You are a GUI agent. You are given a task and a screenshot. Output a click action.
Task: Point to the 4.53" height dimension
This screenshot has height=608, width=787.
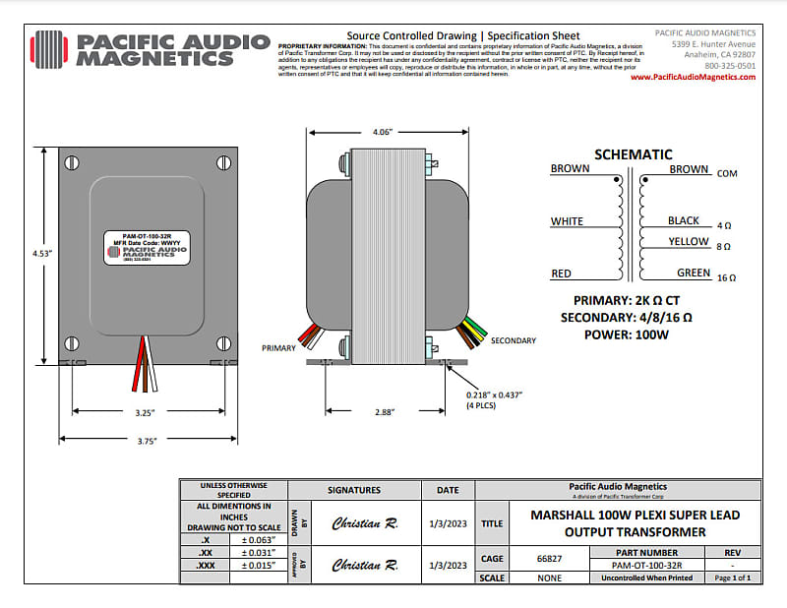[x=42, y=253]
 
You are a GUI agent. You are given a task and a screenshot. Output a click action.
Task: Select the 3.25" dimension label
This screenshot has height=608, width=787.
[x=144, y=413]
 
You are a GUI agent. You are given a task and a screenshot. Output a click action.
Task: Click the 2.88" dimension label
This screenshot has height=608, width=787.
[x=383, y=413]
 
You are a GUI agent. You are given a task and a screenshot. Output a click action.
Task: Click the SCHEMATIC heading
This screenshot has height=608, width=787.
[x=634, y=154]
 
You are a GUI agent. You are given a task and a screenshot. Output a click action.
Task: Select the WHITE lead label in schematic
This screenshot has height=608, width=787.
[x=567, y=221]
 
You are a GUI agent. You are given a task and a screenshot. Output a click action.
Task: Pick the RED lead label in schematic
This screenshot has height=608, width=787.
[x=561, y=274]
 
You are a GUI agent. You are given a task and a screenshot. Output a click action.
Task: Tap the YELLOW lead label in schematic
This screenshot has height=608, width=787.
[x=689, y=242]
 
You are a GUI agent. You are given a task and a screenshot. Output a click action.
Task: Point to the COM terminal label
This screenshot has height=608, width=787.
[x=727, y=174]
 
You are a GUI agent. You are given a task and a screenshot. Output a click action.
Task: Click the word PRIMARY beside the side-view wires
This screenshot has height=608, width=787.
[x=278, y=348]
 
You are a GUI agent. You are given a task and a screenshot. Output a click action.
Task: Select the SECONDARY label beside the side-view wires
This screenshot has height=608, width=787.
[x=513, y=340]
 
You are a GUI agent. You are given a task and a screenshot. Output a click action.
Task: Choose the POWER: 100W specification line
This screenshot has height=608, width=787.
[x=626, y=334]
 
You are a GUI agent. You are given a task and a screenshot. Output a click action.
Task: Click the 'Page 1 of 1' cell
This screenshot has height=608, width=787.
[x=733, y=578]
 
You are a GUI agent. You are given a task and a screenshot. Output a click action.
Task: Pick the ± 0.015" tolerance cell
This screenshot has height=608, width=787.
[x=257, y=566]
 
